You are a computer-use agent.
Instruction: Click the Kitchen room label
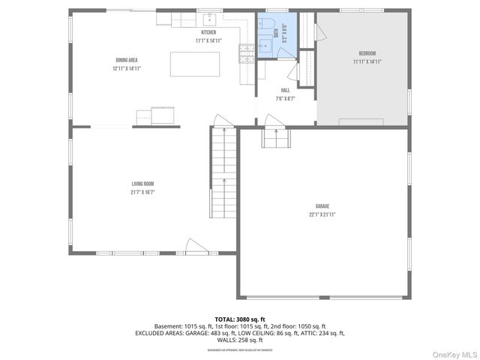pos(208,32)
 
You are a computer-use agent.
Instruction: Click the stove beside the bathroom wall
pos(245,52)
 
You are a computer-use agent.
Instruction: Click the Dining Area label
pos(126,60)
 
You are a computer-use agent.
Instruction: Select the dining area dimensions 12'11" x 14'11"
pos(126,68)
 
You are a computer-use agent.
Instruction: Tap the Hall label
pos(286,90)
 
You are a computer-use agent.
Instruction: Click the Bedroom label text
pos(367,53)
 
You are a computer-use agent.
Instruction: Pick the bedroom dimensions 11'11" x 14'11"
pos(367,61)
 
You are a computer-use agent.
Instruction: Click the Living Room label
pos(142,184)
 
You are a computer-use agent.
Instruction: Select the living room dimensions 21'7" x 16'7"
pos(142,192)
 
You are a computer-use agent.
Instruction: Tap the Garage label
pos(322,206)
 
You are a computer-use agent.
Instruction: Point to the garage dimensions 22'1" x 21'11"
pos(322,214)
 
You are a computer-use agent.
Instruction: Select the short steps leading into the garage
pos(275,139)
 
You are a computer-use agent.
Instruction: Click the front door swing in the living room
pos(193,246)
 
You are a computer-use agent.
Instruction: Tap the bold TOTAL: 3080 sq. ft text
pos(239,319)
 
